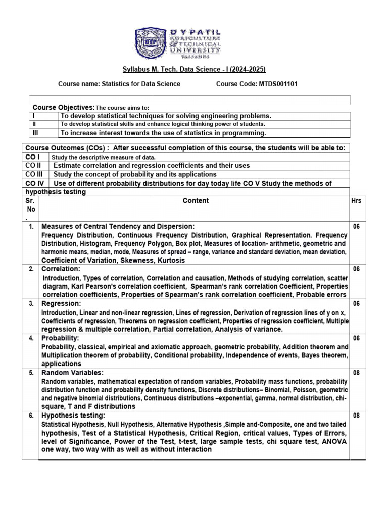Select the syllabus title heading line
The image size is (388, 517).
point(195,69)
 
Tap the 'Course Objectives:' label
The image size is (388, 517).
point(63,108)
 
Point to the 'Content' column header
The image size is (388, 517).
point(196,200)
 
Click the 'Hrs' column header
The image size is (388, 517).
point(356,201)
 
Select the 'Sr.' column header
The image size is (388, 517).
point(30,201)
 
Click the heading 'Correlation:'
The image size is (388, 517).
point(61,269)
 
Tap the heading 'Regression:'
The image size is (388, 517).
point(61,304)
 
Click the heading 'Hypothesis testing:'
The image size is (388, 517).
point(73,416)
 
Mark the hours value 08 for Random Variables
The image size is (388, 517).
point(356,373)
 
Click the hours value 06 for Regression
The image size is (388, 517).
point(356,304)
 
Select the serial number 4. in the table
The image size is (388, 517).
point(31,338)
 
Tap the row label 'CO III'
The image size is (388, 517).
point(35,174)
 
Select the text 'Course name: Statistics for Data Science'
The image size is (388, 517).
point(119,84)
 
